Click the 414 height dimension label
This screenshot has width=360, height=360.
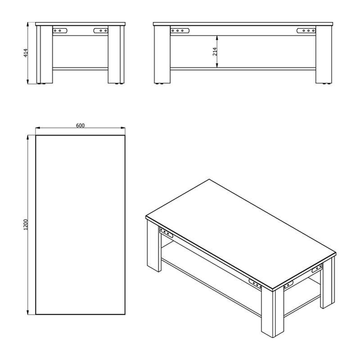(x=26, y=53)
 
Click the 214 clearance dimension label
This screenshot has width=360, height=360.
(x=215, y=52)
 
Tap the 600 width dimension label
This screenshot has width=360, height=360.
(x=80, y=126)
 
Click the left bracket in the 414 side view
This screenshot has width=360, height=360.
(x=60, y=31)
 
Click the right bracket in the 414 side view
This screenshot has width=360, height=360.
(x=101, y=31)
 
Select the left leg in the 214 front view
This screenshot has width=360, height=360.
(x=162, y=54)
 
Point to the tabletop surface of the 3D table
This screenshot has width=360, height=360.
(x=241, y=234)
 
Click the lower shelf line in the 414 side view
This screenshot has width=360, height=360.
(x=80, y=68)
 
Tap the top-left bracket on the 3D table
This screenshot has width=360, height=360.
(x=166, y=233)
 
